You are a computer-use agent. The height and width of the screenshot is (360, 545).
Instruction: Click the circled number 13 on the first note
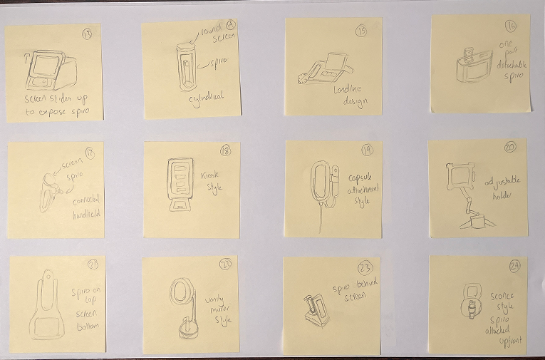pos(87,36)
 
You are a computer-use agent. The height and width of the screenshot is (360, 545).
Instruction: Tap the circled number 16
pos(509,26)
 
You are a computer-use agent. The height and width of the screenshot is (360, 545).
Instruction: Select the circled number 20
pos(510,148)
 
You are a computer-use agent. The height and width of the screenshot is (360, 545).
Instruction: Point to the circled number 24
pos(514,267)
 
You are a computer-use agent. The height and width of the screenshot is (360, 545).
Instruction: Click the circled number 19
pos(367,150)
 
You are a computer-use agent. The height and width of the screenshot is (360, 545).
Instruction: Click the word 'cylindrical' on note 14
pos(206,101)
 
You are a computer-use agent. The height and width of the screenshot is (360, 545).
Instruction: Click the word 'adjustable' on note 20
pos(503,180)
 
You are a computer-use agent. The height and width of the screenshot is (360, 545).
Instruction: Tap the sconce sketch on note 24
pos(472,302)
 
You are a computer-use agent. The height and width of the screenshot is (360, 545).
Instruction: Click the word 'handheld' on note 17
pos(85,212)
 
